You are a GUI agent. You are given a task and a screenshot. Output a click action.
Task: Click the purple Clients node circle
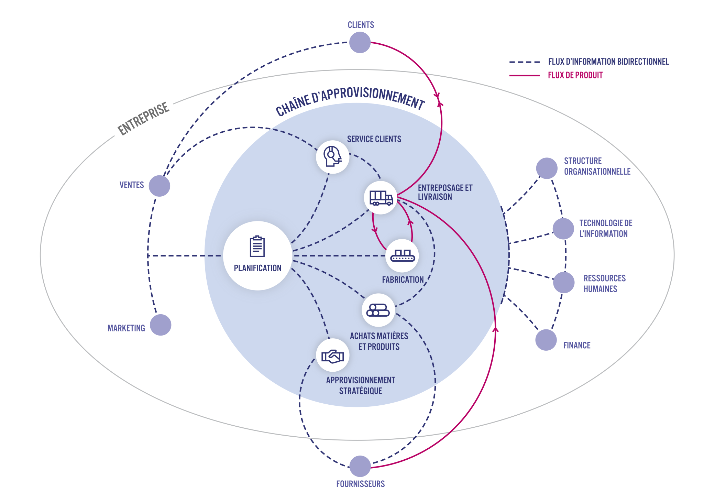click(x=360, y=42)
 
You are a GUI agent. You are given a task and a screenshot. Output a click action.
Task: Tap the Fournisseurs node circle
click(x=360, y=466)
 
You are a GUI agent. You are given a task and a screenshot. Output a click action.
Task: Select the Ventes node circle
click(x=159, y=186)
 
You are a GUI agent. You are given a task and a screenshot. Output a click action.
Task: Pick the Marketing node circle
click(x=161, y=325)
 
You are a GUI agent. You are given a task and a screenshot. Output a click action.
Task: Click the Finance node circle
click(x=546, y=340)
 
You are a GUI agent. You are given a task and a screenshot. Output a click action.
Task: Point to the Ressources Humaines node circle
click(x=564, y=283)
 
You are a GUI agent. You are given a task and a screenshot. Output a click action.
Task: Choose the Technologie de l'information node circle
click(x=563, y=229)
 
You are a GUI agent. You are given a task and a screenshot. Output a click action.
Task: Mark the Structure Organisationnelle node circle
click(x=547, y=168)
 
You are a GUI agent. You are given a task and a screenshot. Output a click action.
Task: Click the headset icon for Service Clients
click(x=332, y=156)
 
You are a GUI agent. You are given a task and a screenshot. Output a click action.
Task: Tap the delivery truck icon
click(x=381, y=198)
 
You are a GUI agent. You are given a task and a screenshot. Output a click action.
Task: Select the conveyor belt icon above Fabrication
click(x=402, y=256)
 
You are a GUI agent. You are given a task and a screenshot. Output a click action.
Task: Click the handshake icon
click(x=332, y=356)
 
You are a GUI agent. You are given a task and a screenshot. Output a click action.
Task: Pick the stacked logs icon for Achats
click(x=378, y=310)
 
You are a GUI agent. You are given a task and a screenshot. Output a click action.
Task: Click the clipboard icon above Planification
click(x=257, y=247)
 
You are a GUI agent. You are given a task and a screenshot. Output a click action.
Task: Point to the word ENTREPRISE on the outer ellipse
click(x=143, y=119)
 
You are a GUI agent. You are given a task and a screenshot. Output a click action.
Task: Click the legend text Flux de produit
click(x=575, y=75)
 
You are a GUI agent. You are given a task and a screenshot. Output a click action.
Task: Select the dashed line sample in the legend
click(x=524, y=62)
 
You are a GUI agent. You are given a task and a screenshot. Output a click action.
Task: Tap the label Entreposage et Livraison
click(x=445, y=192)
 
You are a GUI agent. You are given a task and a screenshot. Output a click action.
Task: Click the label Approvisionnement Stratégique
click(x=361, y=385)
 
